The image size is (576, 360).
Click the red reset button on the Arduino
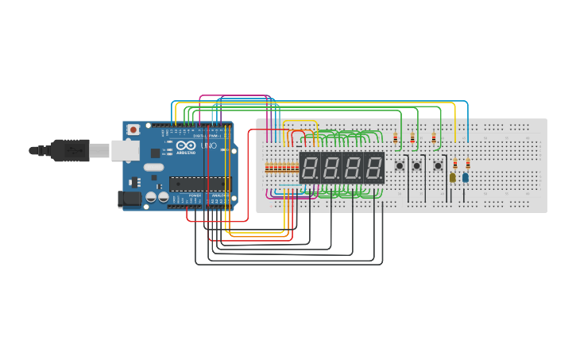pos(133,129)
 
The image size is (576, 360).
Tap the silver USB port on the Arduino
pos(124,150)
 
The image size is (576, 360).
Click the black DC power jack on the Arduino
pos(126,199)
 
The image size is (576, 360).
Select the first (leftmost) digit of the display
pos(311,168)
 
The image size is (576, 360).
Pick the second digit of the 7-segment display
pos(331,168)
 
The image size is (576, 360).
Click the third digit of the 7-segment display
pos(353,168)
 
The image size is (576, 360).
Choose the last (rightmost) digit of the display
pos(373,168)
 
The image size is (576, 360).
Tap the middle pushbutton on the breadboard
pos(416,165)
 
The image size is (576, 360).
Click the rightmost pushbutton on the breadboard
pos(438,165)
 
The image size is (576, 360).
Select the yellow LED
pos(453,177)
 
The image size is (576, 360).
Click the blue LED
pos(466,177)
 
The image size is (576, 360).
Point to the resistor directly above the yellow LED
pos(455,163)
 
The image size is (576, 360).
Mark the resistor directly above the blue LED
pos(468,163)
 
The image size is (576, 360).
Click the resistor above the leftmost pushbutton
pos(396,138)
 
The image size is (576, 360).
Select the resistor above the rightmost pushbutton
pos(434,138)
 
